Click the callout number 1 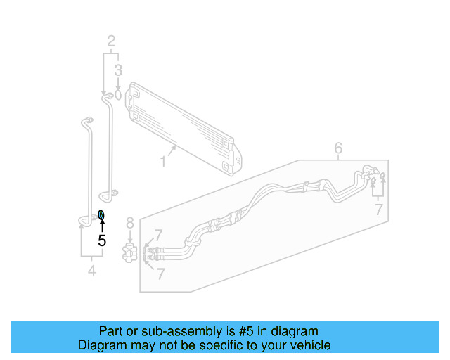point(162,162)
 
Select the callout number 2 point(111,41)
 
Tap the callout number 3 point(119,70)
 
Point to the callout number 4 point(91,270)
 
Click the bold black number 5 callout point(102,240)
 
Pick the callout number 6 point(338,148)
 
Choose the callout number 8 point(129,224)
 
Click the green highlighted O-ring point(102,214)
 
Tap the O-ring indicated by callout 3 point(118,93)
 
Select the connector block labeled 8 point(129,252)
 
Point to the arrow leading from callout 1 point(171,150)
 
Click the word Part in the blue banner point(110,331)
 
